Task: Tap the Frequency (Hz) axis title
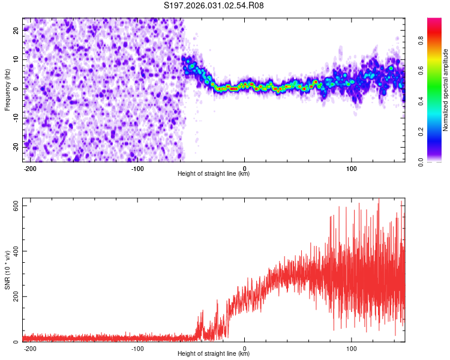[x=8, y=89]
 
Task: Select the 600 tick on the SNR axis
[x=13, y=206]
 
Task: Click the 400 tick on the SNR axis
[x=13, y=251]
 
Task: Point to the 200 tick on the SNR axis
[x=13, y=297]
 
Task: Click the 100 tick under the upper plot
[x=352, y=168]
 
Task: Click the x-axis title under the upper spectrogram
[x=214, y=174]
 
